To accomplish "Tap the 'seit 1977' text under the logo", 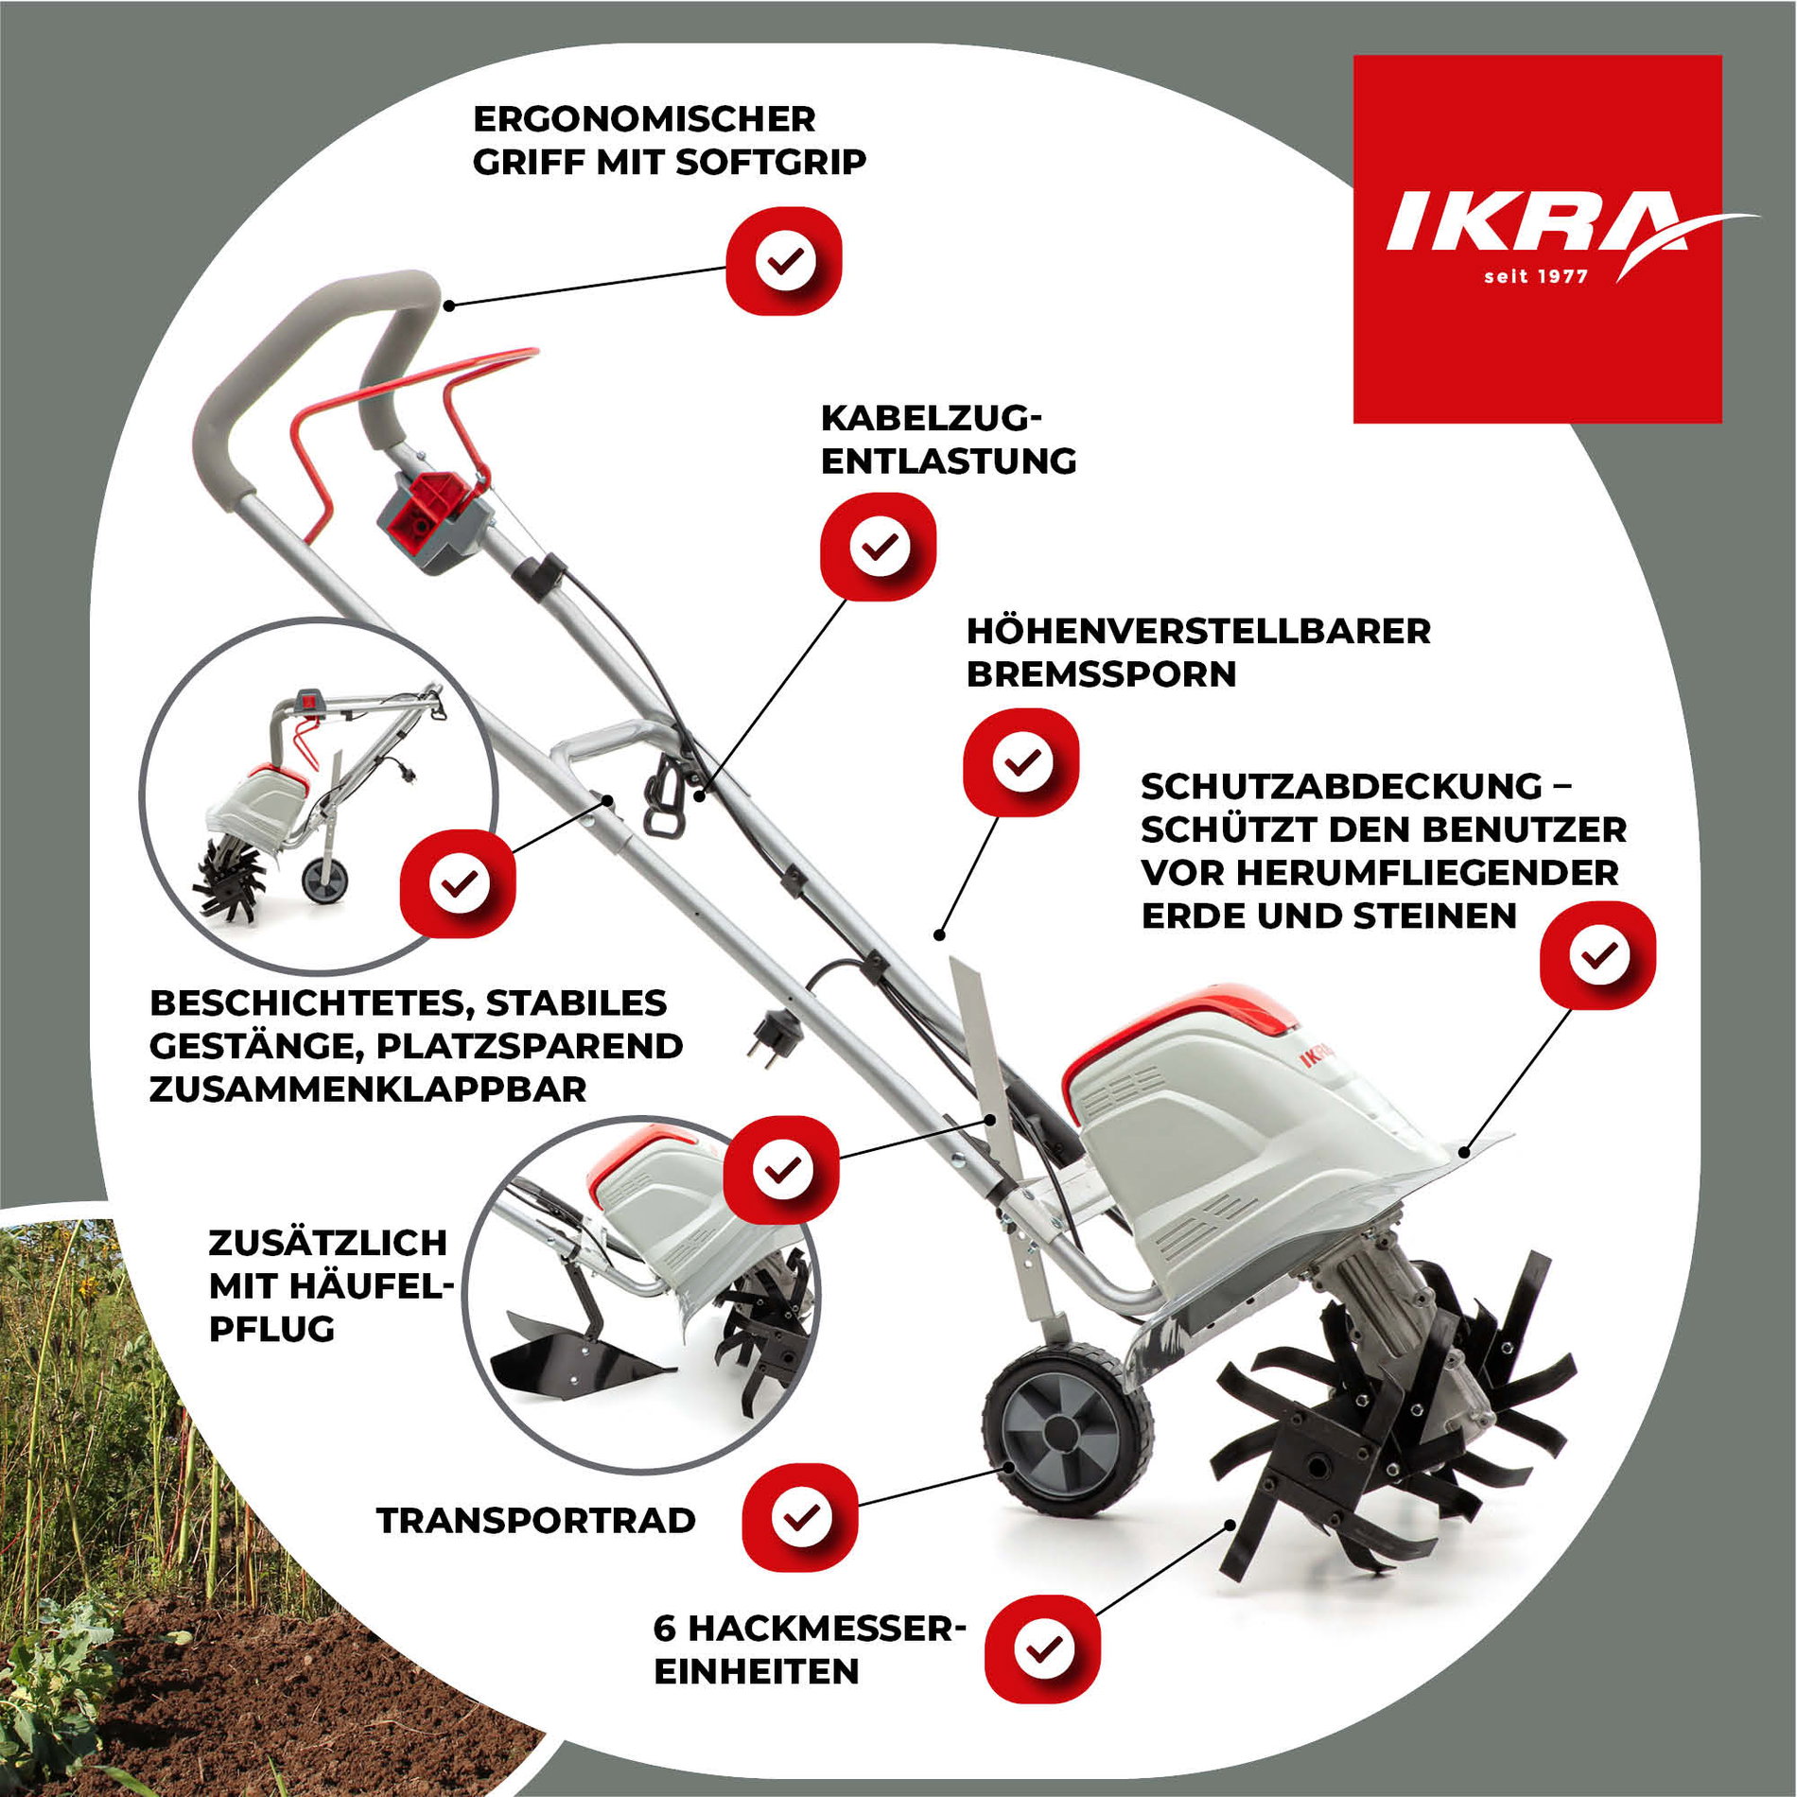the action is click(1536, 277).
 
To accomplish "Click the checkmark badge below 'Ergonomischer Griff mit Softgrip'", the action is click(784, 260).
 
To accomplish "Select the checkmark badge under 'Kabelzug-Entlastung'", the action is click(879, 547).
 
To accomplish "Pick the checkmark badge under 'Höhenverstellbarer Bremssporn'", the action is click(1021, 762).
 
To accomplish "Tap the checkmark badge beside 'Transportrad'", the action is click(800, 1517).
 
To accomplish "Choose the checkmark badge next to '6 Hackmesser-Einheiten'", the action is click(1042, 1649).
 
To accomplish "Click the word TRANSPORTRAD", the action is click(536, 1521).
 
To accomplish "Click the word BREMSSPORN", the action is click(1102, 674).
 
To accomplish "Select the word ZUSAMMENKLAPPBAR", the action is click(368, 1090).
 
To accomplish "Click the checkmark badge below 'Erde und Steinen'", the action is click(1598, 955).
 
